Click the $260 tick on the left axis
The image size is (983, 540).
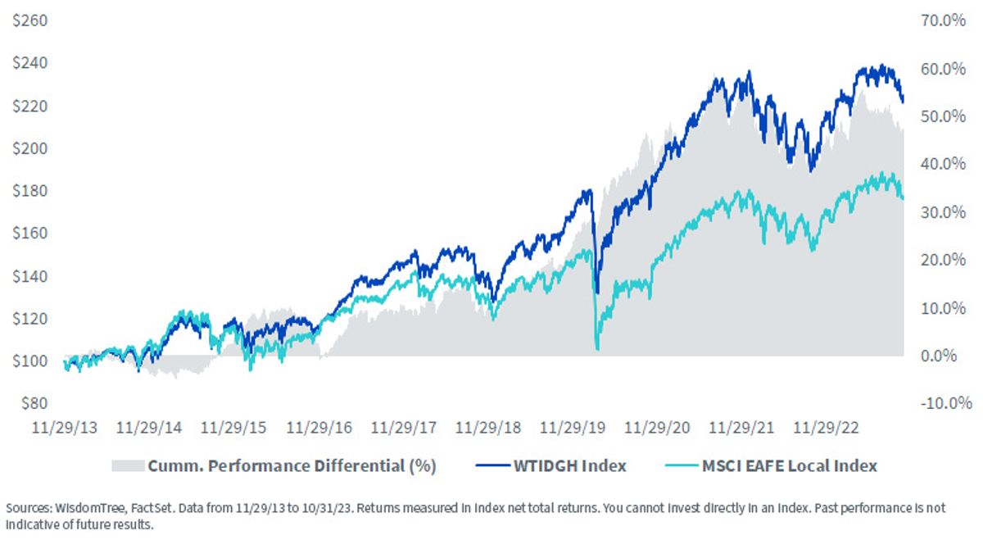pos(29,20)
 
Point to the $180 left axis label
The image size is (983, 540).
pos(29,191)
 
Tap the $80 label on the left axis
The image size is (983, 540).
pos(34,403)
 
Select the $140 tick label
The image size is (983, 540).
pos(29,276)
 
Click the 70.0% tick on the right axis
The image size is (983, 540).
pos(943,20)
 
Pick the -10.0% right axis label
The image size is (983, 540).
pos(945,403)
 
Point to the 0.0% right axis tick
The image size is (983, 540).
pos(939,355)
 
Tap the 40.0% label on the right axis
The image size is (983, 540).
pos(943,164)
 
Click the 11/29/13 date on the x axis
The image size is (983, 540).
pos(65,427)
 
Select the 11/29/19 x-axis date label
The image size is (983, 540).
pos(573,427)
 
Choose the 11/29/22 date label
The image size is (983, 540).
pos(826,427)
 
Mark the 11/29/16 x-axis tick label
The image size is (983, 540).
pos(319,427)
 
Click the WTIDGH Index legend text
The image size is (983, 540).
pos(570,465)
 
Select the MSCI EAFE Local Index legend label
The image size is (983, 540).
pos(790,465)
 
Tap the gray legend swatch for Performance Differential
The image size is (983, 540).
pos(128,465)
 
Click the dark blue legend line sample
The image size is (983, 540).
pos(493,465)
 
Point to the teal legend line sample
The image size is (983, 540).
pos(682,465)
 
